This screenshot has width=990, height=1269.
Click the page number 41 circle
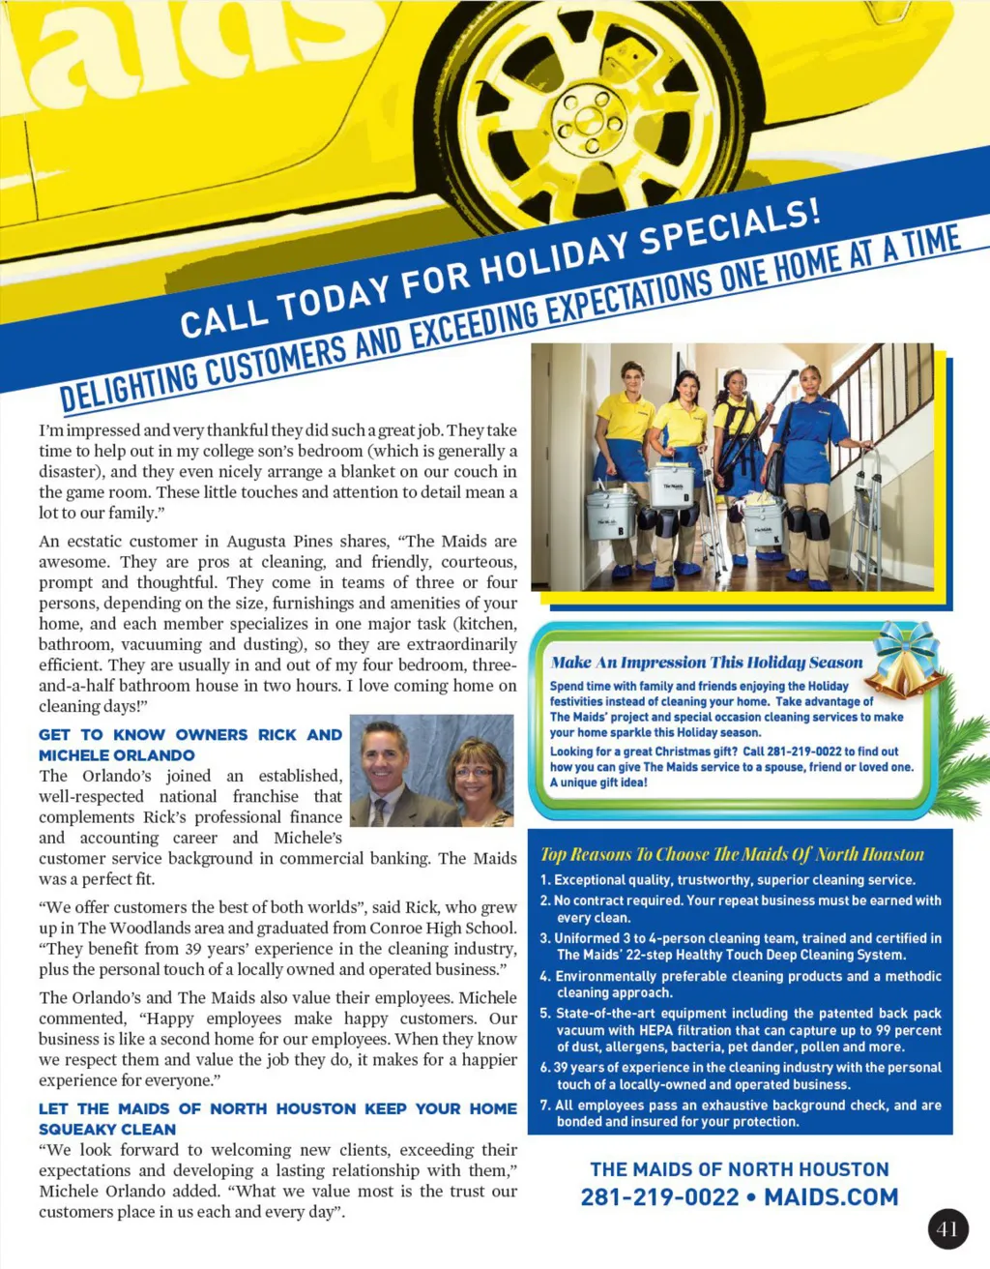[947, 1229]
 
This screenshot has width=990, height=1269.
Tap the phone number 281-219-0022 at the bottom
[659, 1197]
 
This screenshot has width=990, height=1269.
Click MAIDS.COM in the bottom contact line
[830, 1197]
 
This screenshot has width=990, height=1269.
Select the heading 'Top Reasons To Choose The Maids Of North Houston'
[732, 854]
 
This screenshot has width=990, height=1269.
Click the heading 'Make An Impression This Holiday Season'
[706, 663]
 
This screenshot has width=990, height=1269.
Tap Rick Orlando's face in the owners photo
[384, 757]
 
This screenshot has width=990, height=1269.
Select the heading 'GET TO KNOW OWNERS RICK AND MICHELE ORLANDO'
[189, 745]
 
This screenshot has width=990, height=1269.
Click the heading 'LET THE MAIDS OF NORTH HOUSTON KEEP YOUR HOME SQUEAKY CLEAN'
[277, 1118]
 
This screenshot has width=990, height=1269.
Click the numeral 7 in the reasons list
[544, 1106]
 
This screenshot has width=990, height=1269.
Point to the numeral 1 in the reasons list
[544, 880]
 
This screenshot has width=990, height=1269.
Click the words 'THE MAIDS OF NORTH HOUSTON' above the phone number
[739, 1169]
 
